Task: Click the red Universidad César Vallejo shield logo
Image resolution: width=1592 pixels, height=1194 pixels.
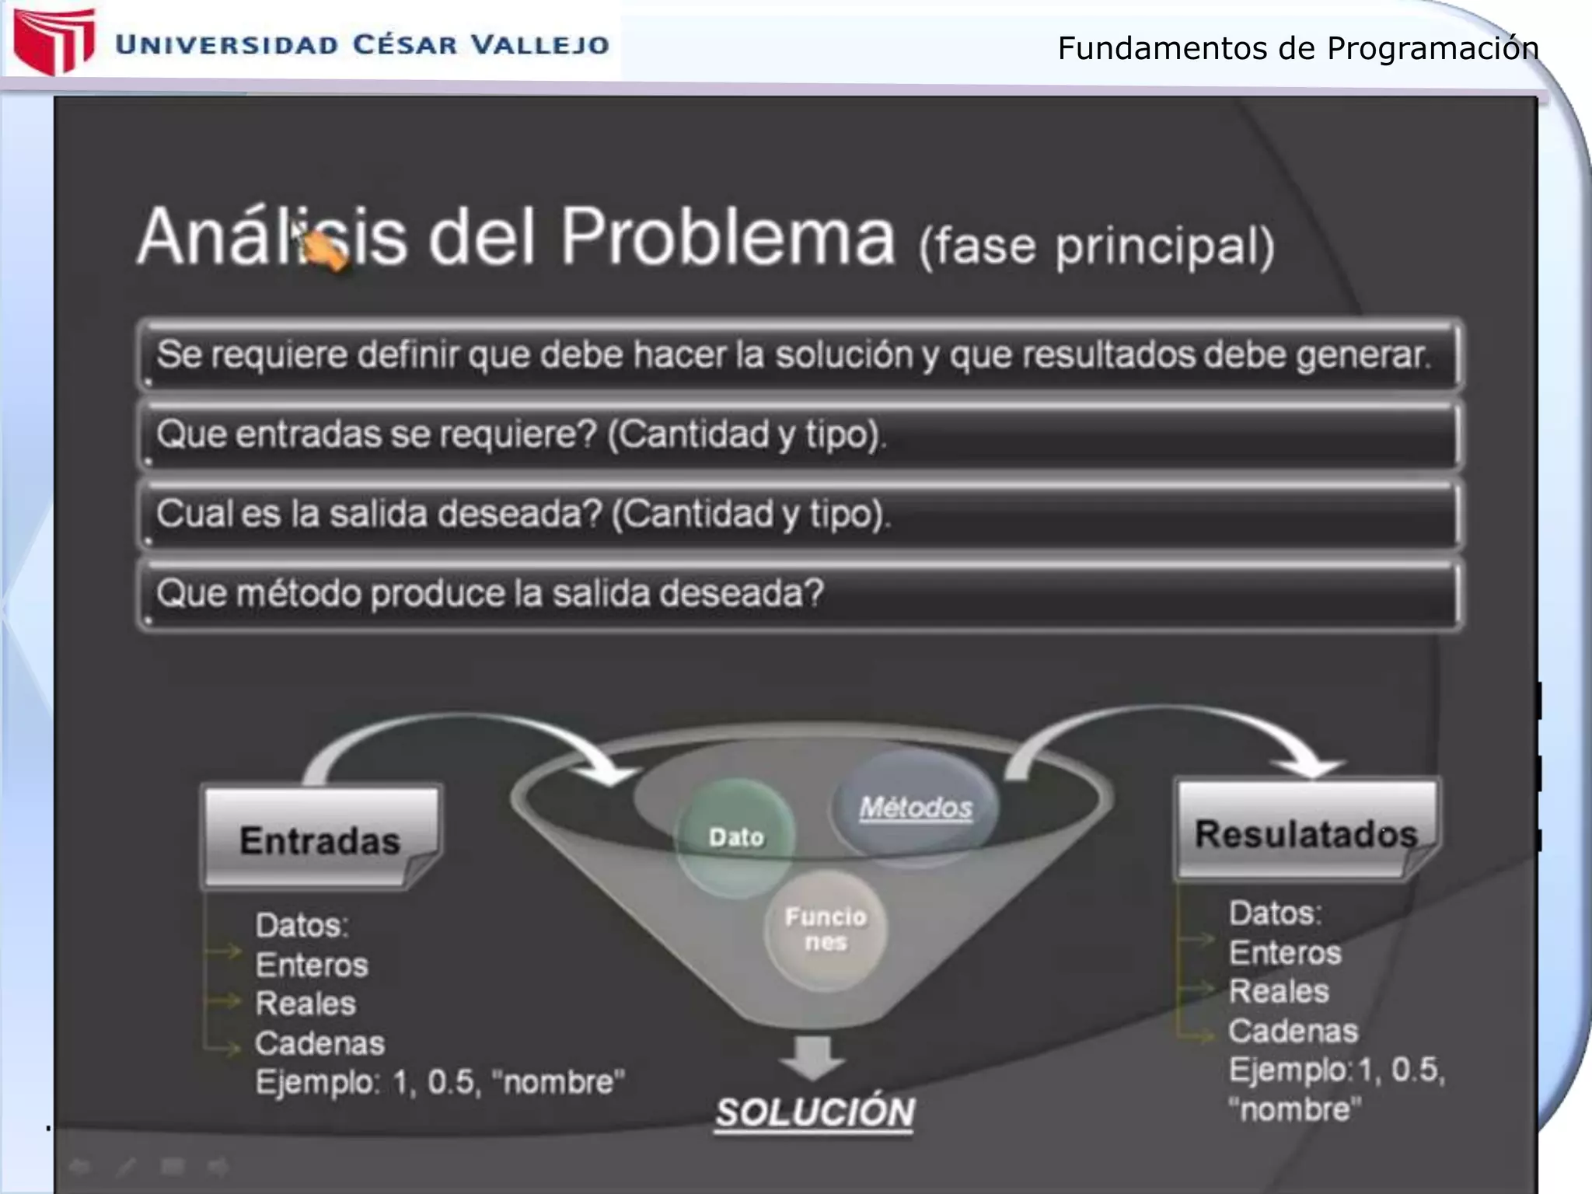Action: (x=53, y=40)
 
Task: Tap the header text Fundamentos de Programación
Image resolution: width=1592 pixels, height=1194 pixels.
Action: (x=1297, y=48)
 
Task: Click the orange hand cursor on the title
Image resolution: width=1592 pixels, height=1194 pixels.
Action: (x=325, y=250)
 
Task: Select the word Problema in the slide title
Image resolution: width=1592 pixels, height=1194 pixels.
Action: (x=727, y=236)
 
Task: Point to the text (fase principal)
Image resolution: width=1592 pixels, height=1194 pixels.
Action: (x=1096, y=246)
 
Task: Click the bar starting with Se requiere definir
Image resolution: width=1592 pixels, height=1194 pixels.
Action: (x=799, y=354)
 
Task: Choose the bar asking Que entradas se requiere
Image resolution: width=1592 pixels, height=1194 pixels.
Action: (x=799, y=434)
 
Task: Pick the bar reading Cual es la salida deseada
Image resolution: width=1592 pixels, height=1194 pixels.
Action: (x=799, y=514)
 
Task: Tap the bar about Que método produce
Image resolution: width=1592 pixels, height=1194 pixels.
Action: (x=799, y=594)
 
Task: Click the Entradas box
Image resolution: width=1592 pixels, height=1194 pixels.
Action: (x=320, y=838)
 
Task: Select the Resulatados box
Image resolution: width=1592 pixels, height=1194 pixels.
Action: (x=1306, y=832)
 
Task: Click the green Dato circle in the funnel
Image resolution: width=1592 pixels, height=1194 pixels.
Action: (x=735, y=837)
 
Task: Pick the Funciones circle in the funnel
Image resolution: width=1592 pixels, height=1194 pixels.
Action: (x=826, y=930)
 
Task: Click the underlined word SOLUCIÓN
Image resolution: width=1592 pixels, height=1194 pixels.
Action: (x=815, y=1112)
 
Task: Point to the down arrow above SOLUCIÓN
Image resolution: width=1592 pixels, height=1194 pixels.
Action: (x=813, y=1056)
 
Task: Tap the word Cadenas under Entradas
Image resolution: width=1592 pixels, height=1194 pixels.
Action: (x=319, y=1043)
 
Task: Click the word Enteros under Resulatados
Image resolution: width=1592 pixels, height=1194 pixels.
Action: (x=1285, y=953)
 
